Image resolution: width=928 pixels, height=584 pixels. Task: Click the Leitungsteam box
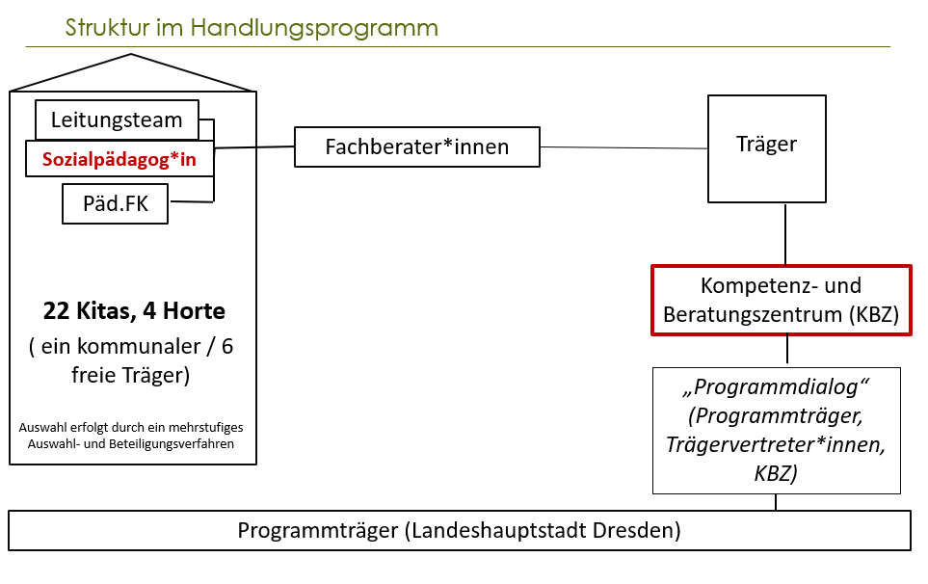coord(117,120)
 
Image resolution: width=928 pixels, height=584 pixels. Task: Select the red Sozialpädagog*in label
coord(119,159)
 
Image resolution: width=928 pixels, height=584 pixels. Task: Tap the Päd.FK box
coord(114,204)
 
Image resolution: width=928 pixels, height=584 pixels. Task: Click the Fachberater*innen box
coord(416,147)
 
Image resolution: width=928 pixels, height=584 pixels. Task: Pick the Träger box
coord(766,146)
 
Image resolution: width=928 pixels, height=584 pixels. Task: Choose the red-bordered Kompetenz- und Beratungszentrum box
coord(781,301)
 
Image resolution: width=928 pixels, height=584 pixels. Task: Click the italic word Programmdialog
coord(777,389)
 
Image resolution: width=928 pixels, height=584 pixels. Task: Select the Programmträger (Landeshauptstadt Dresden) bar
coord(459,531)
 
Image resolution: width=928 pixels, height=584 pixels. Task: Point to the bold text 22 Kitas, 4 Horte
coord(134,311)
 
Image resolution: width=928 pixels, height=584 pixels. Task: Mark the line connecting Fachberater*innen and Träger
coord(623,147)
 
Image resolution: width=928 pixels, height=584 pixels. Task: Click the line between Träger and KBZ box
coord(787,234)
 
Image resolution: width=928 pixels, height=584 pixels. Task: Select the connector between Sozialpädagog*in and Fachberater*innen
coord(254,147)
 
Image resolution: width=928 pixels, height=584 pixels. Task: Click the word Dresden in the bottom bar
coord(634,531)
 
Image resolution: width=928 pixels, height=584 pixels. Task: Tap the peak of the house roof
coord(131,56)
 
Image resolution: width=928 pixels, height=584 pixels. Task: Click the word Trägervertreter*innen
coord(777,445)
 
